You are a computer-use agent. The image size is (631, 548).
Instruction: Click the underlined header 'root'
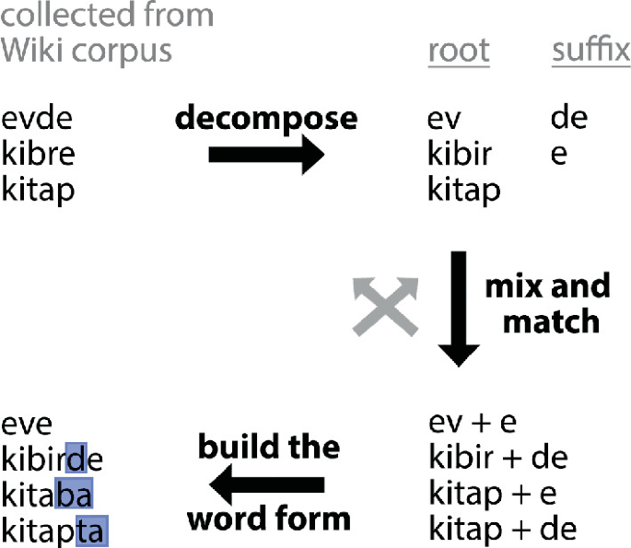(x=459, y=52)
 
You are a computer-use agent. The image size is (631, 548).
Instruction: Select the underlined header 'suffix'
(x=590, y=51)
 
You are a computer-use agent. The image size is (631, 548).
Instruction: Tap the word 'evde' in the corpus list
(x=37, y=119)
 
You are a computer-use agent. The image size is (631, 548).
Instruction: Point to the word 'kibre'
(x=39, y=154)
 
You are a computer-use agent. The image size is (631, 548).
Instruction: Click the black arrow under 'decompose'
(x=266, y=155)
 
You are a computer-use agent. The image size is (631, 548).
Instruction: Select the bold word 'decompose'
(x=266, y=118)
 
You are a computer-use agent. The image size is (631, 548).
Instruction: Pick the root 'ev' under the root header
(x=444, y=120)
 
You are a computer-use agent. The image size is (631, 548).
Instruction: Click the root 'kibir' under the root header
(x=459, y=154)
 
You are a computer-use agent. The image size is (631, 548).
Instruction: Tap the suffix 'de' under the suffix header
(x=568, y=119)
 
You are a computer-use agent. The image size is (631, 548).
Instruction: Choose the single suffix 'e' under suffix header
(x=559, y=155)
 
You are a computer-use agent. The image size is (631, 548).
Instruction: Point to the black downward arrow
(x=458, y=309)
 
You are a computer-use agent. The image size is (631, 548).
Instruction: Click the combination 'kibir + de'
(x=498, y=458)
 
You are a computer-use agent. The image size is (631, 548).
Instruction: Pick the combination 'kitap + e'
(x=493, y=494)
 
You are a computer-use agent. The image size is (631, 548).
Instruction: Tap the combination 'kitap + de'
(x=502, y=529)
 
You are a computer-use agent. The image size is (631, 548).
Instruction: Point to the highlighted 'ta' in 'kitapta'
(x=91, y=530)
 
